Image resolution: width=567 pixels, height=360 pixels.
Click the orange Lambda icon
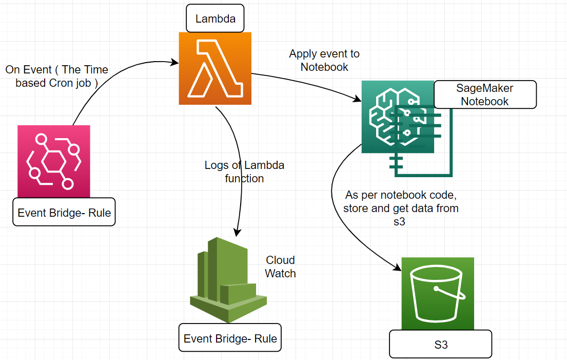(215, 68)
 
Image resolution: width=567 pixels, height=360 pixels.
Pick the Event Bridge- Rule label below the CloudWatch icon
(230, 338)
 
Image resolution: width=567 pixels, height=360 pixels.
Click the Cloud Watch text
(280, 267)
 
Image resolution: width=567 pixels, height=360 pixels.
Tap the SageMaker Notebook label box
(485, 94)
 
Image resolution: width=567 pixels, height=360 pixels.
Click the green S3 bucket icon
(438, 293)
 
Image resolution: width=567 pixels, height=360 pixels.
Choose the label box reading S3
(441, 345)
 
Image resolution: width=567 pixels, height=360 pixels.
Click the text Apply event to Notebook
(324, 60)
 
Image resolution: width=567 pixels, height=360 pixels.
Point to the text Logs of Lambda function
(244, 172)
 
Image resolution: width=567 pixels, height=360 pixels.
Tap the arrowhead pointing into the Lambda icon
(174, 62)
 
